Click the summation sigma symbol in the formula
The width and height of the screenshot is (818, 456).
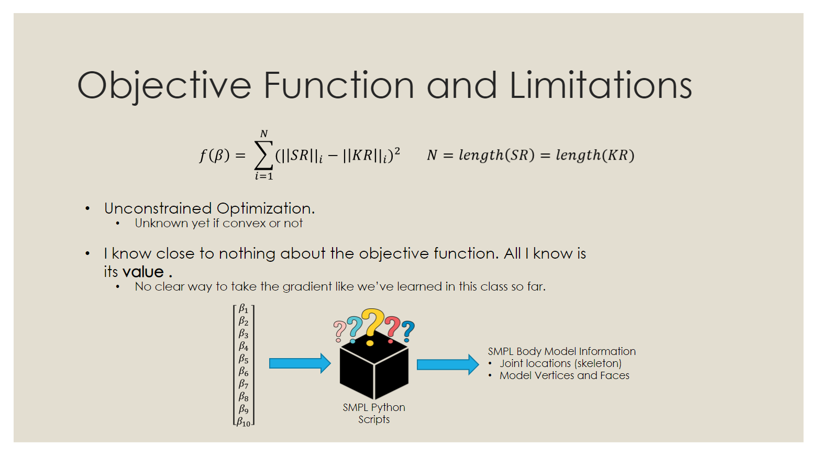[263, 155]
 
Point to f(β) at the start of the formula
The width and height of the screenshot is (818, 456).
[214, 155]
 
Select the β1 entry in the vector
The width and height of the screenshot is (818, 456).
[244, 309]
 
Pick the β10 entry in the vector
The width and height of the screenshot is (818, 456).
[244, 422]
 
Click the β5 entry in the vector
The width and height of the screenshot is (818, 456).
[244, 359]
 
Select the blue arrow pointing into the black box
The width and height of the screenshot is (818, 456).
[300, 363]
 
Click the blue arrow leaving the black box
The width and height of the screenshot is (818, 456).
[447, 364]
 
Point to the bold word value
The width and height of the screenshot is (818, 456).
[143, 272]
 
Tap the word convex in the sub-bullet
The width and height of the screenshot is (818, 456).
[244, 224]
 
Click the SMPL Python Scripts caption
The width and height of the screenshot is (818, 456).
[374, 413]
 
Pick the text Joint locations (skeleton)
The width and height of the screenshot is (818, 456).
[560, 363]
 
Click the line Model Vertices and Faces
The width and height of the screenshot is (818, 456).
[564, 375]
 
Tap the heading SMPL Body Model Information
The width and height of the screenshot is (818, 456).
[561, 351]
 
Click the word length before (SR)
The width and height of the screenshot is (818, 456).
[480, 155]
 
